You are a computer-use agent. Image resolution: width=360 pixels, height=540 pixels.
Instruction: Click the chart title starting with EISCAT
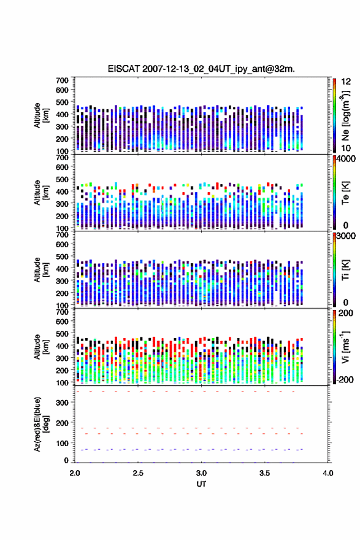(201, 69)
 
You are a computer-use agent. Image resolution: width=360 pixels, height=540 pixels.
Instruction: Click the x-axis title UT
(201, 484)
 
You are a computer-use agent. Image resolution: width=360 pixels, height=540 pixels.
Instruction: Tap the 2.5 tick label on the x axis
(138, 473)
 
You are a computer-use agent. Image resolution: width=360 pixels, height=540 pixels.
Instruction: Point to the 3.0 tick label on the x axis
(201, 473)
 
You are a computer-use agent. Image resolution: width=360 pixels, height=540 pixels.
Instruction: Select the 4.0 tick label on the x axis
(328, 473)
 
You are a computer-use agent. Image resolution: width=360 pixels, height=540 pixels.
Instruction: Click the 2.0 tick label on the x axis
(75, 473)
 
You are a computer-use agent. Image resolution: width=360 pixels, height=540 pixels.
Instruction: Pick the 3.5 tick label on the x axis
(265, 473)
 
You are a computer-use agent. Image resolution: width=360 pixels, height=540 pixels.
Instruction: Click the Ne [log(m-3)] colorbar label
(346, 116)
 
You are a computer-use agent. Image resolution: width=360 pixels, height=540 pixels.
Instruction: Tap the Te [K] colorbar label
(345, 193)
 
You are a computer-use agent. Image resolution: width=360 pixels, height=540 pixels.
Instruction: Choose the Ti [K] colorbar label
(345, 270)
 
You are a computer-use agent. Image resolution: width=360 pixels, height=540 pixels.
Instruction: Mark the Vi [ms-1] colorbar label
(345, 347)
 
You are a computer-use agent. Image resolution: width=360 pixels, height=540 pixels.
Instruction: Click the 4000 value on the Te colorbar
(346, 159)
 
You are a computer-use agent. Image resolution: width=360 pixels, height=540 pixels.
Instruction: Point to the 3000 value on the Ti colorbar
(346, 236)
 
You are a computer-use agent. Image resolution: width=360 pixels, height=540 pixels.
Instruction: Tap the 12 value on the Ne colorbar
(346, 81)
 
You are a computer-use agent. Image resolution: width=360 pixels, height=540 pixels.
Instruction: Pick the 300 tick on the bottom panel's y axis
(63, 403)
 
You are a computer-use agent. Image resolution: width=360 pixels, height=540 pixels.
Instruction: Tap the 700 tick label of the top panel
(63, 80)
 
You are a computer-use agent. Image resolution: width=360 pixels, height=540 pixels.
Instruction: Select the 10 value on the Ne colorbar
(346, 148)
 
